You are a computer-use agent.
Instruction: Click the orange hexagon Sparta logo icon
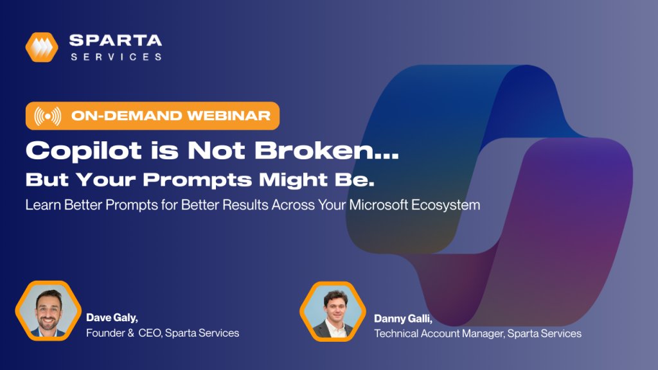point(42,47)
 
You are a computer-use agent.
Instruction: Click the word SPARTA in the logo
point(116,40)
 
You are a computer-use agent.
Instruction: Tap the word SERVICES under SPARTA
point(116,57)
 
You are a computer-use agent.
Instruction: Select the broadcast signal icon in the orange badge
point(48,116)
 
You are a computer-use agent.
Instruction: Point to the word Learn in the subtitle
point(41,206)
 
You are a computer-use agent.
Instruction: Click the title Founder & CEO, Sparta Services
point(163,333)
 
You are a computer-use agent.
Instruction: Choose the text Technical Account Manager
point(437,333)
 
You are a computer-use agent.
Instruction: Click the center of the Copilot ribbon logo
point(488,186)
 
